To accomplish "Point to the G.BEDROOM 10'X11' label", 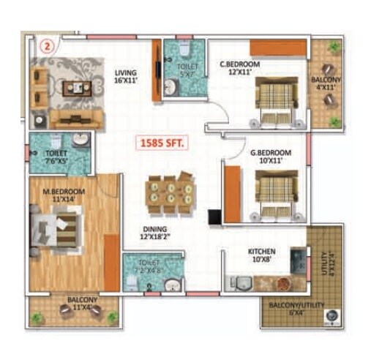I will click(x=270, y=157).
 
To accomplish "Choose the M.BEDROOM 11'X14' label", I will click(x=64, y=195).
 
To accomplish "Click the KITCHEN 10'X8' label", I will click(x=261, y=255).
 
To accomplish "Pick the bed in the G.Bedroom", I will click(x=275, y=189).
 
